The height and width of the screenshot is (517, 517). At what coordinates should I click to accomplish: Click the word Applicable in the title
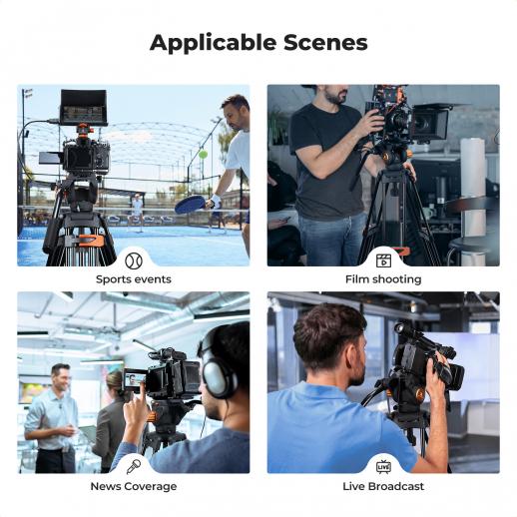(213, 43)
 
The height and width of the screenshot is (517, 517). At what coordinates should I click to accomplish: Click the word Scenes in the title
(325, 43)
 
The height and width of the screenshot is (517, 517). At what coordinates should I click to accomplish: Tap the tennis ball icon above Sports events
(134, 260)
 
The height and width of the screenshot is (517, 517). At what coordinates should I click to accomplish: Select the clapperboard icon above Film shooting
(383, 260)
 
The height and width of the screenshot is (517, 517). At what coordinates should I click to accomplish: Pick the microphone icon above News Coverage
(134, 467)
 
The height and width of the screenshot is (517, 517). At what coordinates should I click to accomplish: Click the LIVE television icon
(383, 467)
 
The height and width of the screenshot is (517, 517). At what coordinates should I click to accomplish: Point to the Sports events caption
(134, 279)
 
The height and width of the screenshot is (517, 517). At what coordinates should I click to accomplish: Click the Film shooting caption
(383, 279)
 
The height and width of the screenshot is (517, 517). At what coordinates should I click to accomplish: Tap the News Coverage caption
(134, 486)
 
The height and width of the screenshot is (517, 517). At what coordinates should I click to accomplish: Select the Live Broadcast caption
(383, 486)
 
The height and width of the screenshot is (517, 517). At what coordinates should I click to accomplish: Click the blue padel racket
(191, 204)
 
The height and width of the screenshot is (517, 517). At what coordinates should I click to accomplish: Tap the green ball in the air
(203, 155)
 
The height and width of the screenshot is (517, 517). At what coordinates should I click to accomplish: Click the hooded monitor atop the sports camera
(84, 107)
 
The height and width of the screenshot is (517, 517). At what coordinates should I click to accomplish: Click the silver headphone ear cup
(219, 378)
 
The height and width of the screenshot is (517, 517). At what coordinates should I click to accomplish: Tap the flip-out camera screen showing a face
(135, 379)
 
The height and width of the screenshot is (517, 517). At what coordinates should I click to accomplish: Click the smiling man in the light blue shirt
(52, 418)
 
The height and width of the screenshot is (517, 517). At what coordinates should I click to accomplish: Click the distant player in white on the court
(137, 212)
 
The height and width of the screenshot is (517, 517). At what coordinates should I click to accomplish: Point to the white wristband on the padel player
(216, 200)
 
